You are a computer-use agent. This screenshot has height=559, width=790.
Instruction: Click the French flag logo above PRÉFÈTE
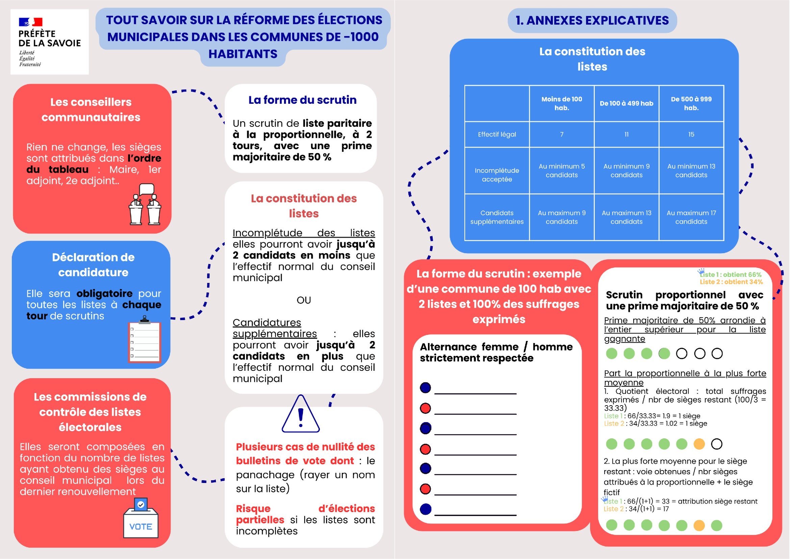tap(30, 22)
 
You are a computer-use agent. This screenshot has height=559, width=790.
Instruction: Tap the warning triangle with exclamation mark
tap(301, 414)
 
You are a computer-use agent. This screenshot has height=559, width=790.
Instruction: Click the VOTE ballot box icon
tap(141, 518)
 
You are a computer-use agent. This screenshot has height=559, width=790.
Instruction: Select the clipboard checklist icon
tap(145, 340)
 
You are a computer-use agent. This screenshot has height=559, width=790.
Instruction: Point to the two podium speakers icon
tap(145, 205)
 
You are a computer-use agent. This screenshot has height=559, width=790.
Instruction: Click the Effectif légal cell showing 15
tap(691, 135)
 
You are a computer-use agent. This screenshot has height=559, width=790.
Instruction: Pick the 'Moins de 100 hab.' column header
tap(562, 104)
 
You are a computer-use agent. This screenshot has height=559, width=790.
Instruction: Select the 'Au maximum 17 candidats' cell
tap(691, 217)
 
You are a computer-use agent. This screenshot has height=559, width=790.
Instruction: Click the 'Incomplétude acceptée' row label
tap(496, 175)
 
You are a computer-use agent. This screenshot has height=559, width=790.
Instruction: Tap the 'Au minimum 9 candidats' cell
tap(626, 171)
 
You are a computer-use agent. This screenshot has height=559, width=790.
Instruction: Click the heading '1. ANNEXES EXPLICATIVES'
tap(592, 21)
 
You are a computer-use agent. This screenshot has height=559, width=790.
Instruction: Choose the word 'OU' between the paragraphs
tap(304, 300)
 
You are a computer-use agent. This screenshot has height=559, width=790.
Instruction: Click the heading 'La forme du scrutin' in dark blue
tap(302, 100)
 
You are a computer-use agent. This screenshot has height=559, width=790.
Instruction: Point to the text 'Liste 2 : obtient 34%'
tap(731, 282)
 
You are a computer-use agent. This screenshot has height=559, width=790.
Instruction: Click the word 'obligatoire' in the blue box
tap(104, 294)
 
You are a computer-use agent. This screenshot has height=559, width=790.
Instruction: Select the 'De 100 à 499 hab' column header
tap(626, 104)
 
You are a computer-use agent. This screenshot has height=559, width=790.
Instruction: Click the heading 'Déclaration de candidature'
tap(93, 265)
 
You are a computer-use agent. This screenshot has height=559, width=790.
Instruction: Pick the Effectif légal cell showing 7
tap(562, 135)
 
